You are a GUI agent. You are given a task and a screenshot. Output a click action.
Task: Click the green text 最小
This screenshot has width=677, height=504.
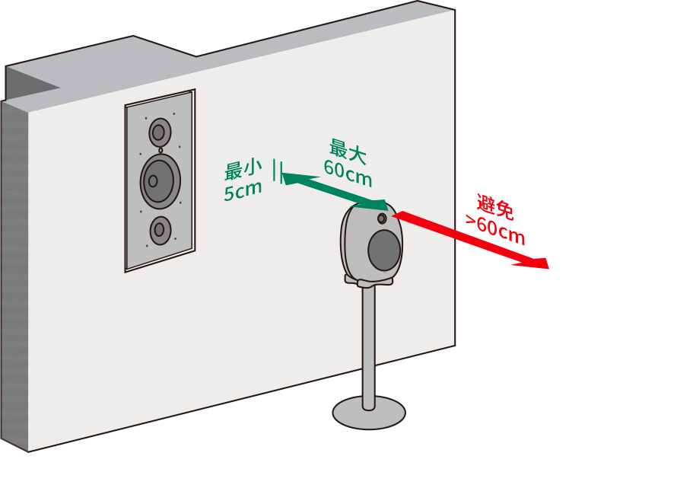243,169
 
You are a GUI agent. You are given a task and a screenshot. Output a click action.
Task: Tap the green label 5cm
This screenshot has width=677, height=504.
243,190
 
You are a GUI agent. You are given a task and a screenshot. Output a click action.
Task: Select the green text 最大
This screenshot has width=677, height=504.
348,151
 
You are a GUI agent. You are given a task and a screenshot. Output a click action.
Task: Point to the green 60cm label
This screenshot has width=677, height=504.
348,173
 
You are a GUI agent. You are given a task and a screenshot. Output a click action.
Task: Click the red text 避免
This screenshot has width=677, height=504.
495,207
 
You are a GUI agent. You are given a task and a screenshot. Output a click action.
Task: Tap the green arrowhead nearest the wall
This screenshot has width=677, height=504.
286,178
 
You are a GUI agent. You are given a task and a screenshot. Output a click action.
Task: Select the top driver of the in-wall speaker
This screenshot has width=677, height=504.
159,132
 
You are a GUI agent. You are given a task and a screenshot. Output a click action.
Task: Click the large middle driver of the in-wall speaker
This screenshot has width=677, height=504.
159,181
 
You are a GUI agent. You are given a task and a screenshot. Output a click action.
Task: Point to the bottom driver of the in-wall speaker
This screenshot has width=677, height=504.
160,230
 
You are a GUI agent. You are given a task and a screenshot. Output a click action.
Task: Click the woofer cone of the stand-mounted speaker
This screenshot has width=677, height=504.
384,250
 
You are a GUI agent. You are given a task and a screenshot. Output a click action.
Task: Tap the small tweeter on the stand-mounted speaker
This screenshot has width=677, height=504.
382,219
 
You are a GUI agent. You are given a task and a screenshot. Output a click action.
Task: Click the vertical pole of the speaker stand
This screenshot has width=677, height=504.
369,343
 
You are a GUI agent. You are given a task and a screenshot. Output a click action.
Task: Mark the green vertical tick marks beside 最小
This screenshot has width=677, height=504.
277,171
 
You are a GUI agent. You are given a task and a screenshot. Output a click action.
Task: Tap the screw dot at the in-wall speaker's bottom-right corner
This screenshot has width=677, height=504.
175,239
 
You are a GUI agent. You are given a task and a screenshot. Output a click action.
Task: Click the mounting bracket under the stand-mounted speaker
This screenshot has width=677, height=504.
369,282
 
